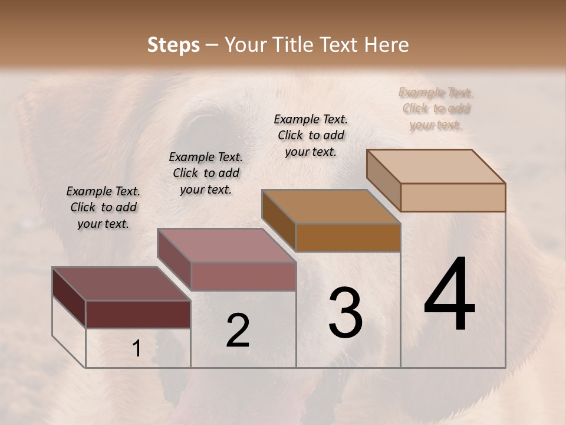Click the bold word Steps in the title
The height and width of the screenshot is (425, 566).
click(173, 45)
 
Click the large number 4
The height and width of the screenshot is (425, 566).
click(449, 295)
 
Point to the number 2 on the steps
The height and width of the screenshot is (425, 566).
click(238, 331)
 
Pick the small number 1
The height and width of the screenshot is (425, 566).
click(136, 349)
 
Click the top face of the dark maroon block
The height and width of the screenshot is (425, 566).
click(121, 284)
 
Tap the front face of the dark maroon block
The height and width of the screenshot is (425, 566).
click(138, 314)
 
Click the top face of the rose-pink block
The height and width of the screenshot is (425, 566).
click(226, 246)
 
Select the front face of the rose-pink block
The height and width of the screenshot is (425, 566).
click(243, 276)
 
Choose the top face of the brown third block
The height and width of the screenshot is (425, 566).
click(331, 207)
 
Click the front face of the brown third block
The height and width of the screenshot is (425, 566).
click(348, 237)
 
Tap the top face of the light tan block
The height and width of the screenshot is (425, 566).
click(436, 166)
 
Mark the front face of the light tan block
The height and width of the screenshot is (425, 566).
click(453, 197)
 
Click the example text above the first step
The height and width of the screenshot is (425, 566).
click(103, 208)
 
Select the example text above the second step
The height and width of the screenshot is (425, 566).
click(206, 174)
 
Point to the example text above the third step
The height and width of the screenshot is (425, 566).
click(311, 135)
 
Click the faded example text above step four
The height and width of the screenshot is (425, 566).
click(436, 109)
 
